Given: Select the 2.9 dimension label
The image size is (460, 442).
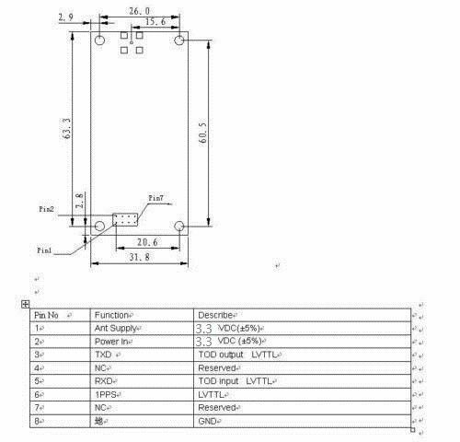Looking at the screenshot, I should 65,17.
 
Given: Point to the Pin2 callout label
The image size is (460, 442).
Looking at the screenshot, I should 46,210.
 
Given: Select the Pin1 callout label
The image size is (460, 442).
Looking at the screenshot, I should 45,250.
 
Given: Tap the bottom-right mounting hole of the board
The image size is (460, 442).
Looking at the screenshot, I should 180,226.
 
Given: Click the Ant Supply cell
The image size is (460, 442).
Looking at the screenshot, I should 117,327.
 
